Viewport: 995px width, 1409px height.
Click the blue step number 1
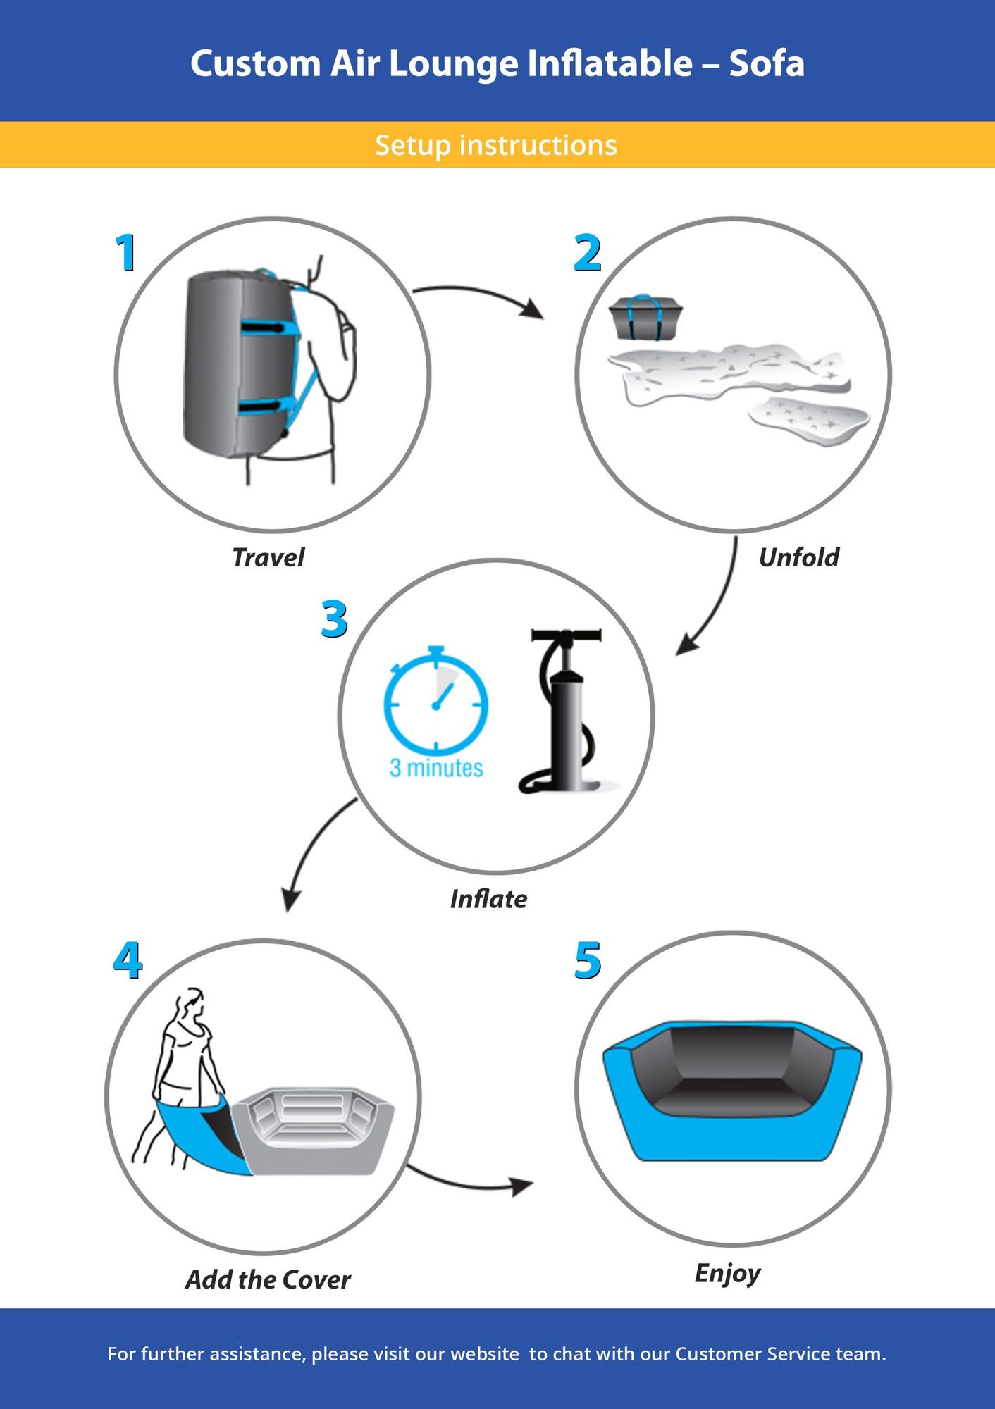click(126, 253)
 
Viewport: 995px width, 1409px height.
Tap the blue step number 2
click(588, 253)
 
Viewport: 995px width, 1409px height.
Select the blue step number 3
click(334, 619)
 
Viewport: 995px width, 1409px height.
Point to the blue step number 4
click(128, 960)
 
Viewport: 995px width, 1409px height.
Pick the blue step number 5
click(588, 960)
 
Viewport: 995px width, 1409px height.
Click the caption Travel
click(268, 558)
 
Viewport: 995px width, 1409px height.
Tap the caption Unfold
click(798, 558)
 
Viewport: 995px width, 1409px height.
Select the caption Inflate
click(488, 899)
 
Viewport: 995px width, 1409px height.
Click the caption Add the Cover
click(268, 1279)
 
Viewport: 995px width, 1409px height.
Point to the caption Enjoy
click(727, 1273)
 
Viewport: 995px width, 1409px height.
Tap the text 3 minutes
click(436, 768)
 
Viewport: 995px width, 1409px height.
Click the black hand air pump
click(567, 712)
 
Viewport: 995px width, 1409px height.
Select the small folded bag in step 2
click(646, 317)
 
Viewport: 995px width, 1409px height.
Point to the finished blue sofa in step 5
click(733, 1088)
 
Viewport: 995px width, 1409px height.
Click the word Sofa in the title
click(767, 63)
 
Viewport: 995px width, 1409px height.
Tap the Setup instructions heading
click(496, 145)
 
